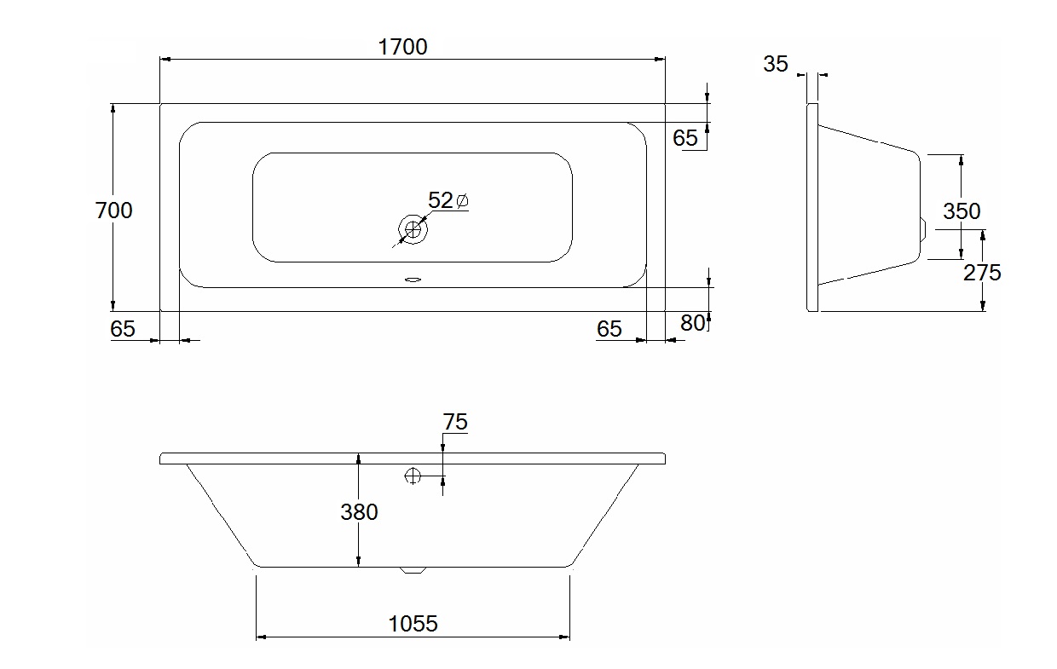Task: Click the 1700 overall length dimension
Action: click(x=402, y=47)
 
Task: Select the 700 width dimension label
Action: click(x=113, y=211)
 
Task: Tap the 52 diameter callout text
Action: click(x=440, y=200)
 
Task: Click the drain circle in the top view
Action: click(x=413, y=230)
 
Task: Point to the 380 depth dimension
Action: click(x=359, y=512)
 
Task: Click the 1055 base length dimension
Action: click(x=413, y=624)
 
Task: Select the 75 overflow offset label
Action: click(x=455, y=422)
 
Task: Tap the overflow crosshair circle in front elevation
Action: click(x=413, y=476)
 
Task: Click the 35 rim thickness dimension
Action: click(x=776, y=64)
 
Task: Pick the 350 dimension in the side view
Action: click(x=962, y=211)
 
